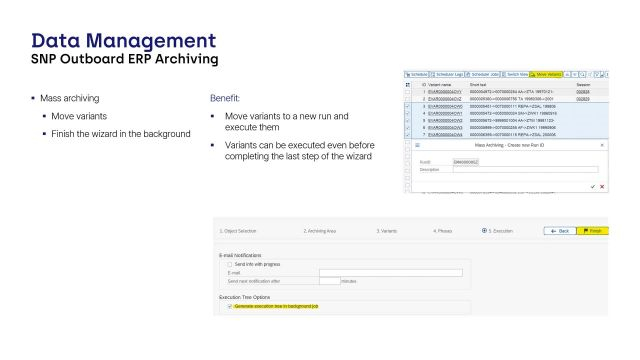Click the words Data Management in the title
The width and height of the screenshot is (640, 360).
point(123,41)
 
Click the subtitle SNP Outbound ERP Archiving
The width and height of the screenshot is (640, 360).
point(125,59)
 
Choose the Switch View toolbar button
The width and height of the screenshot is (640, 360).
point(517,74)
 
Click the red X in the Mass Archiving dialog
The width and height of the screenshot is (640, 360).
point(602,186)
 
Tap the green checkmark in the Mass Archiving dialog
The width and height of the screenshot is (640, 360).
point(593,186)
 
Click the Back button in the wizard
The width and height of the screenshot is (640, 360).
point(559,231)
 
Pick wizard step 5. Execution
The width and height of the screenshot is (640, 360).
point(500,231)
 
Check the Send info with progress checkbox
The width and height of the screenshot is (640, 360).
point(230,264)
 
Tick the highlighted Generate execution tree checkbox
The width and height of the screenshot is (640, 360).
point(230,307)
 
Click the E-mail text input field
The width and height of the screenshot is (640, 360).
point(390,272)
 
